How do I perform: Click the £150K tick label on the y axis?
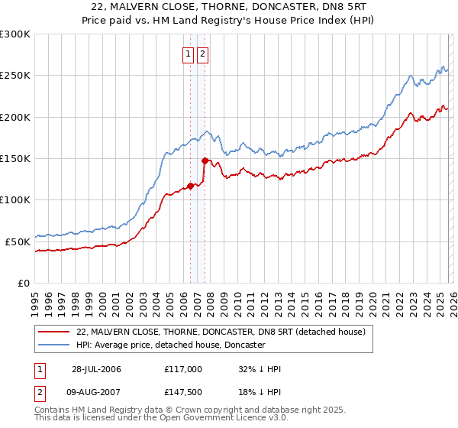pyautogui.click(x=15, y=159)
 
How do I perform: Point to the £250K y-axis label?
pyautogui.click(x=15, y=76)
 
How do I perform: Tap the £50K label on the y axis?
pyautogui.click(x=18, y=242)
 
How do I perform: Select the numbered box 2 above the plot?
pyautogui.click(x=203, y=54)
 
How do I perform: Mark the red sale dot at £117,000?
pyautogui.click(x=190, y=185)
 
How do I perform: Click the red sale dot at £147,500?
pyautogui.click(x=205, y=160)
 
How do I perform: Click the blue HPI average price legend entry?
pyautogui.click(x=170, y=345)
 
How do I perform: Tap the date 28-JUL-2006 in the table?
pyautogui.click(x=96, y=369)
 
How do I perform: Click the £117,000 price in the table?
pyautogui.click(x=183, y=369)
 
